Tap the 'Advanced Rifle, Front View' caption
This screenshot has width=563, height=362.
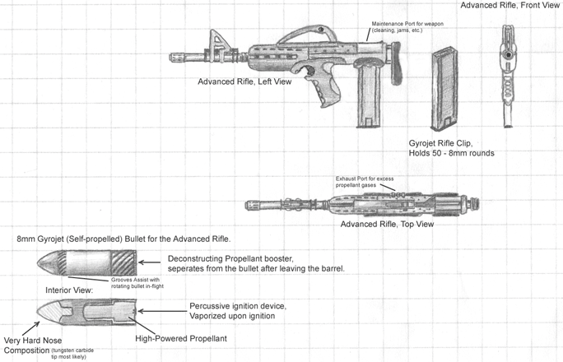coord(510,6)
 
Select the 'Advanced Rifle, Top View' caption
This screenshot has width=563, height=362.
coord(387,224)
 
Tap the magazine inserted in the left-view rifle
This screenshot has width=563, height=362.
coord(368,103)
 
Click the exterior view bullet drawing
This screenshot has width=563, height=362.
coord(86,264)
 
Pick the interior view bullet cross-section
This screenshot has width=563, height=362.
coord(86,313)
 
